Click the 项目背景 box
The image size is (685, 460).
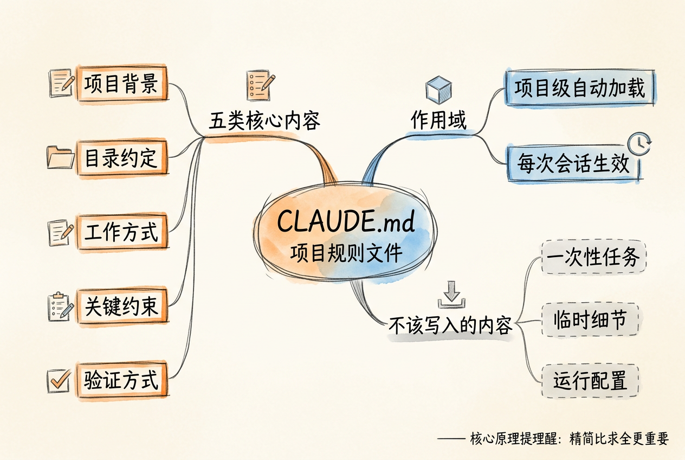click(x=122, y=84)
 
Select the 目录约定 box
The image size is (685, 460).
click(x=122, y=158)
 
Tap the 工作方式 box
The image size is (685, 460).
click(x=122, y=232)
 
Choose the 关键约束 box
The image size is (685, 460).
click(x=122, y=306)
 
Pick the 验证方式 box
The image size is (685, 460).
click(x=122, y=380)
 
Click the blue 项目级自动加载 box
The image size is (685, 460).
click(x=580, y=88)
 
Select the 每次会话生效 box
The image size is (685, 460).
click(x=574, y=164)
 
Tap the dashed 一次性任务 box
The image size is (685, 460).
click(x=593, y=257)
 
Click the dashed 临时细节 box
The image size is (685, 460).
click(x=590, y=320)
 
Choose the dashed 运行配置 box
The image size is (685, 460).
click(x=590, y=381)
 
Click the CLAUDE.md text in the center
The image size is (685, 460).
click(x=346, y=221)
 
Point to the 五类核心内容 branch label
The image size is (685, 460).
click(x=264, y=121)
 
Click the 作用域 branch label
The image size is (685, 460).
click(x=438, y=120)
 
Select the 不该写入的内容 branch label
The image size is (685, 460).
click(x=450, y=325)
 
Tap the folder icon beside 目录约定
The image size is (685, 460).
click(x=61, y=157)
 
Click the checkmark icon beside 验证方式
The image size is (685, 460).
click(x=59, y=381)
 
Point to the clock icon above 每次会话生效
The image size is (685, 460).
click(x=639, y=144)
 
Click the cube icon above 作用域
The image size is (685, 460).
click(x=438, y=90)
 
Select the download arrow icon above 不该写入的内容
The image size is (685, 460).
click(x=451, y=295)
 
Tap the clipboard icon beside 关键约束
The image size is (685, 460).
click(x=61, y=306)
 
